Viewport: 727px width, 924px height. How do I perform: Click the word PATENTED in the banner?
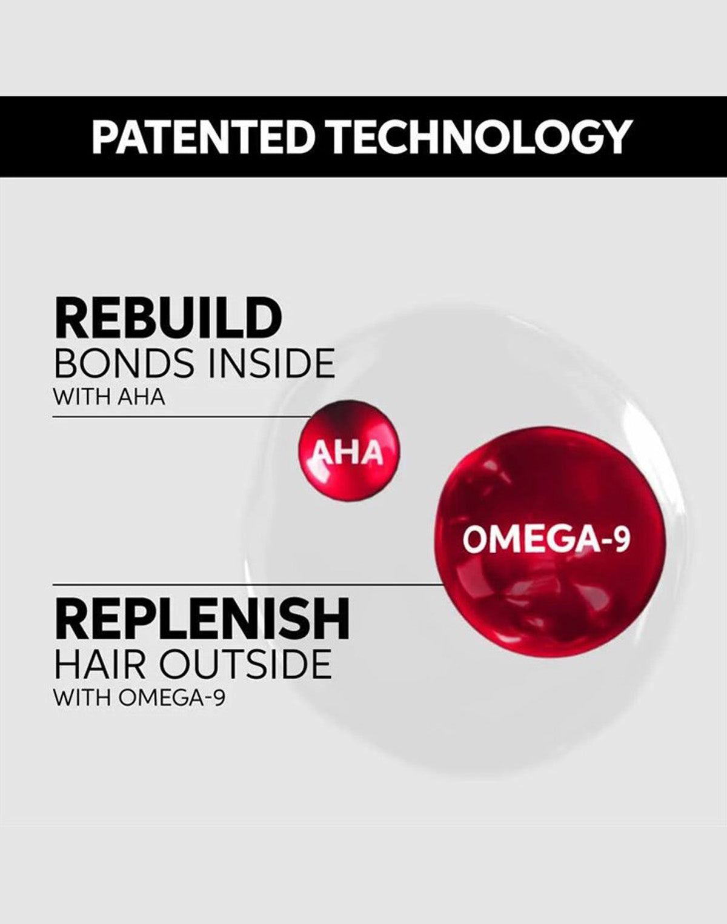coord(201,137)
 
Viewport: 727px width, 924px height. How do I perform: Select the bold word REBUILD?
coord(168,319)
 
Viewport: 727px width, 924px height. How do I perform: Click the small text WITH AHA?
coord(109,397)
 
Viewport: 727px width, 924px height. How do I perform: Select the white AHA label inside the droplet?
coord(347,453)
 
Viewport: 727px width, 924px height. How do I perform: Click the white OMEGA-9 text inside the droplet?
coord(546,540)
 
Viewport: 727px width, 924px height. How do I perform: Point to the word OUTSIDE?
coord(245,665)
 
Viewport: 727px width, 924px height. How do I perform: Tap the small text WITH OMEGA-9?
coord(139,699)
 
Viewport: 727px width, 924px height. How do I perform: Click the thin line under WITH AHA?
coord(182,416)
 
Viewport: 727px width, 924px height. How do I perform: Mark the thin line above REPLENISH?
coord(248,584)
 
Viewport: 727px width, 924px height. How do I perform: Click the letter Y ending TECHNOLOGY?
coord(617,137)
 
